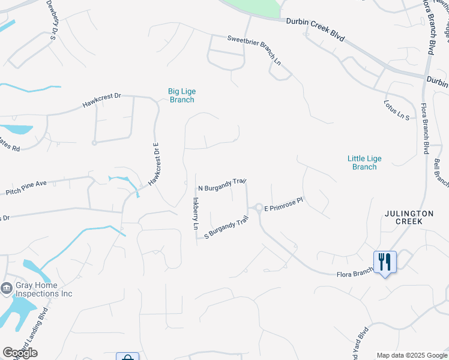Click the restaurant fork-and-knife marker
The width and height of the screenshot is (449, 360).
coord(385,262)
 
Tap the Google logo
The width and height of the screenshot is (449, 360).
coord(20,353)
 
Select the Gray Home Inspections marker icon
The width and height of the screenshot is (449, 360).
coord(7,289)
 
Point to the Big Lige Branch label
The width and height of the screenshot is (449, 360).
coord(182,95)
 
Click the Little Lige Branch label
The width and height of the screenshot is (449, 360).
coord(364,163)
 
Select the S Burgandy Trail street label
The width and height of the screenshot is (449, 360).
coord(226,227)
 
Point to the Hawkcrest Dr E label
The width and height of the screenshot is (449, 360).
coord(154,163)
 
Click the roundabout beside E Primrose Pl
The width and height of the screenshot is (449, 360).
coord(259,208)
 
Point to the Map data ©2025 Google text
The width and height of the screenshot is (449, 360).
coord(411,355)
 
